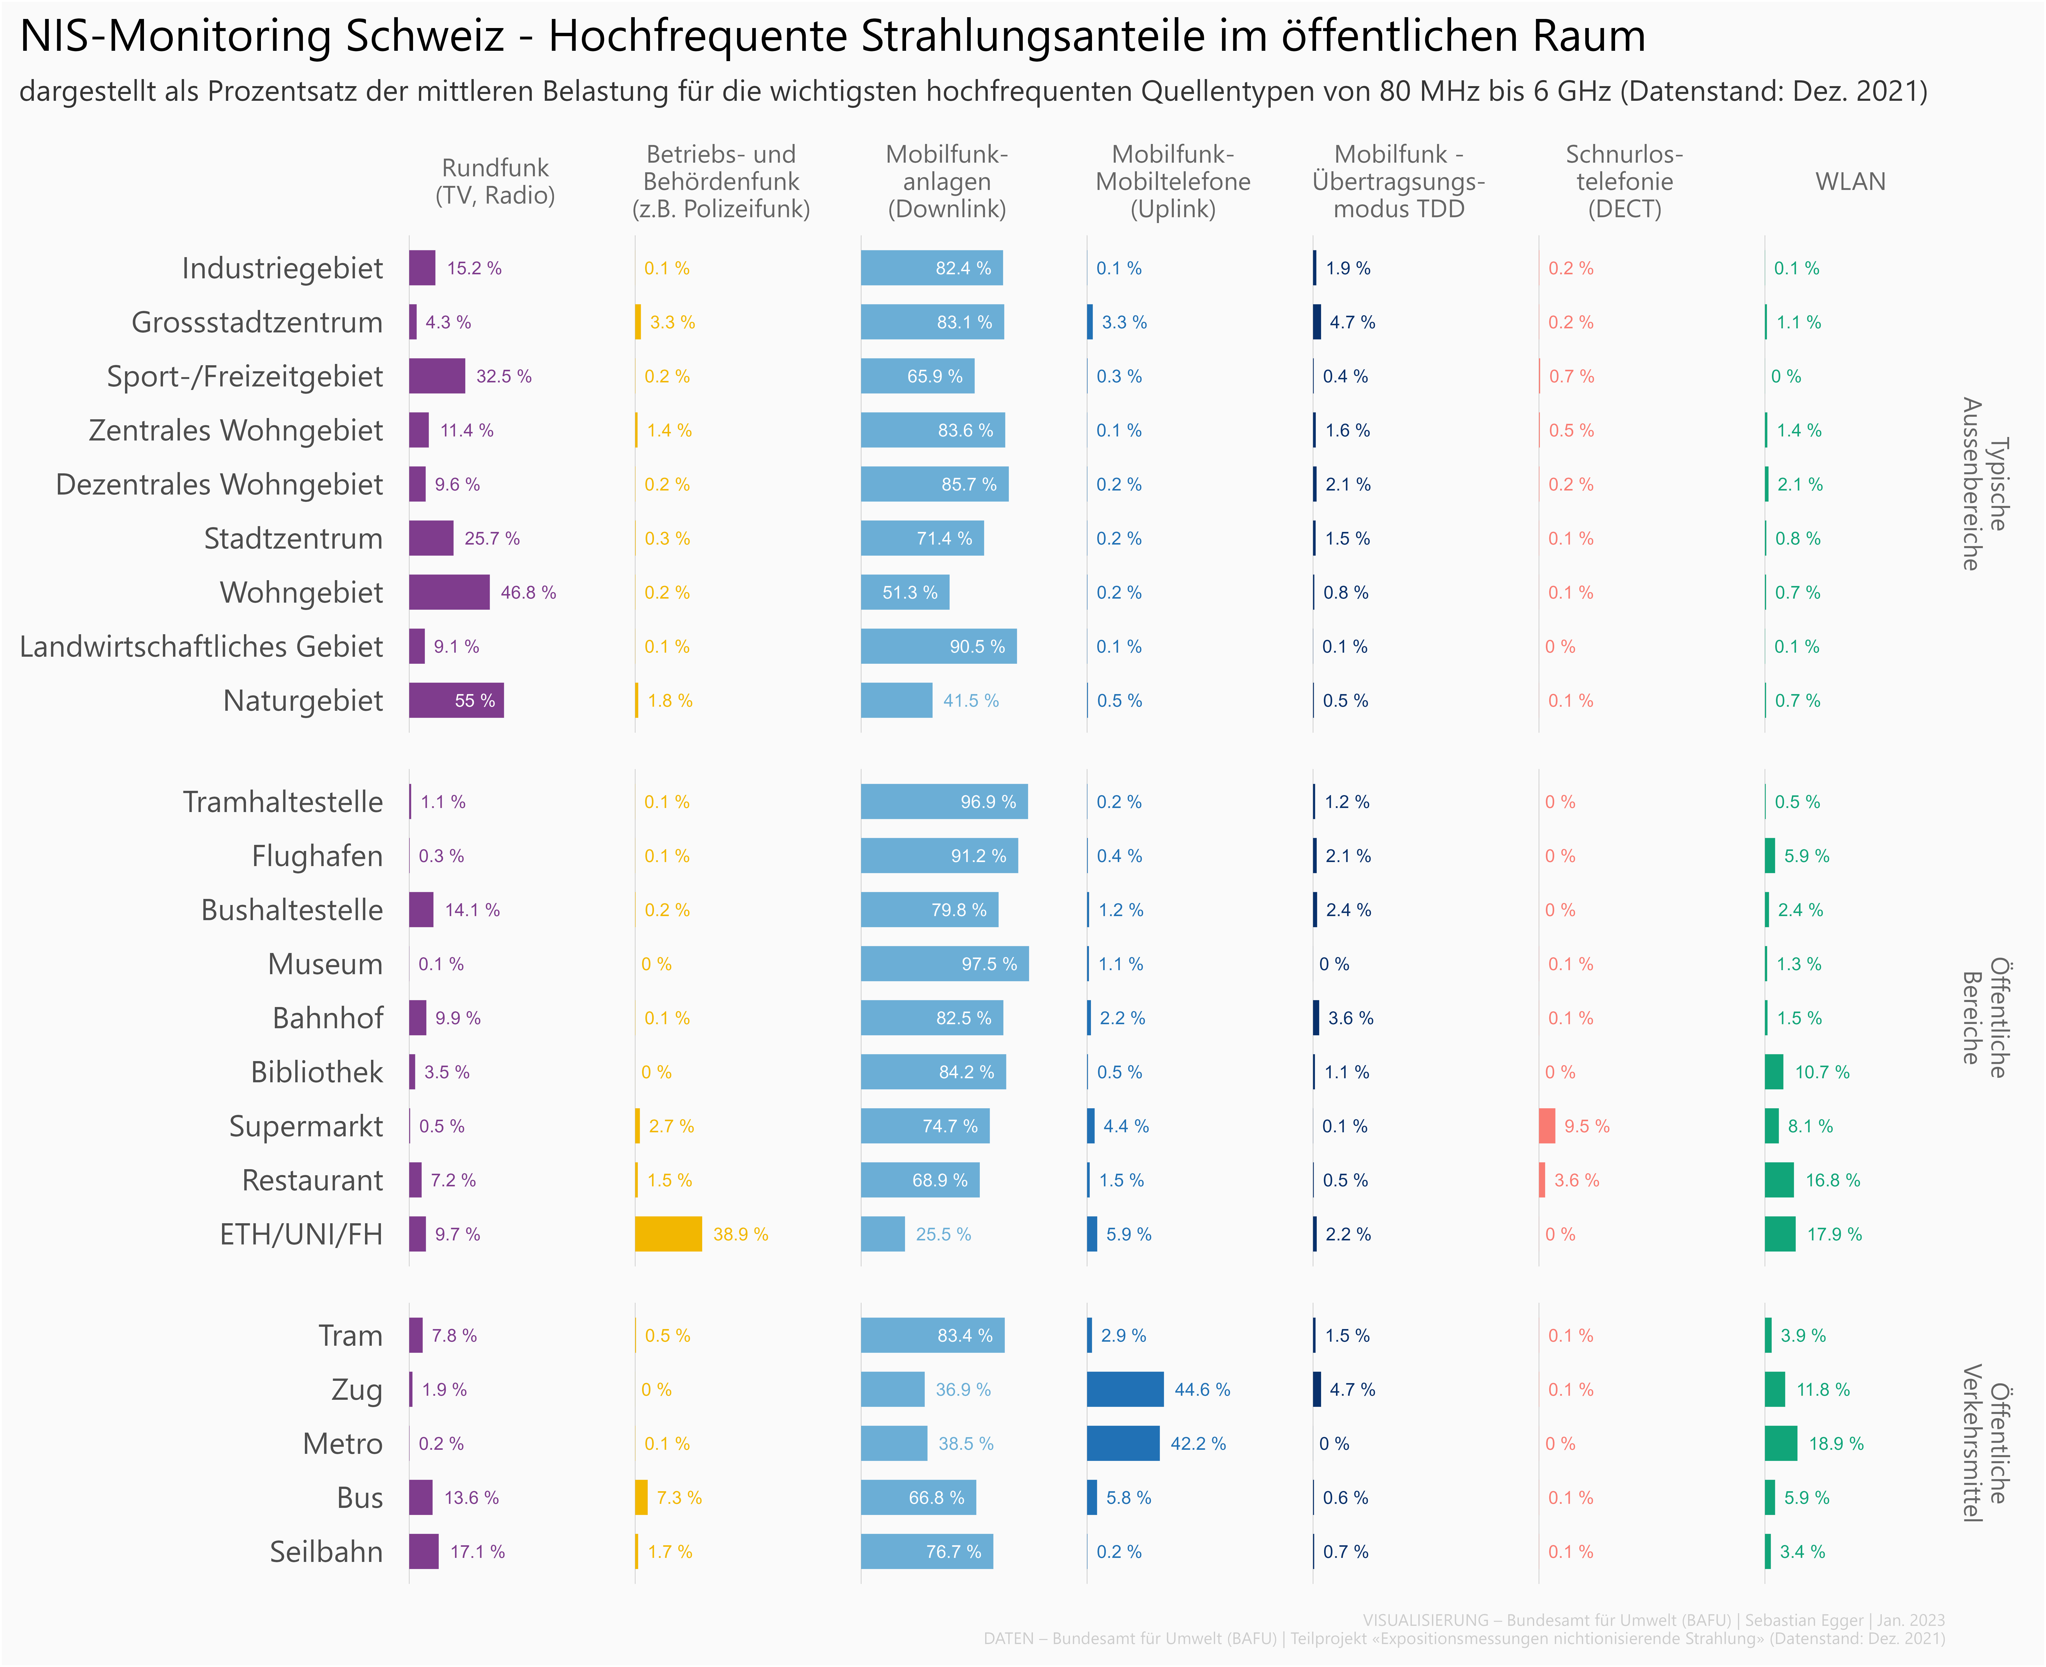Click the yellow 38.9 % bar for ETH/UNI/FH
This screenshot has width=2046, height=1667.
[x=668, y=1234]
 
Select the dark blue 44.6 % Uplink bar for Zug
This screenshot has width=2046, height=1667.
[x=1124, y=1389]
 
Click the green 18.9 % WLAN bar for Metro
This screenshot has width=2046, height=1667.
[x=1780, y=1443]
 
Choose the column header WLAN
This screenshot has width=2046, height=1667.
[x=1850, y=182]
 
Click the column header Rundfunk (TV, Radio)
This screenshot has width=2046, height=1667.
[x=495, y=182]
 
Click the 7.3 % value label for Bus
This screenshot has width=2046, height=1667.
[x=679, y=1498]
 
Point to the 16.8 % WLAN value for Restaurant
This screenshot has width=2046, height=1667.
[x=1833, y=1180]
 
